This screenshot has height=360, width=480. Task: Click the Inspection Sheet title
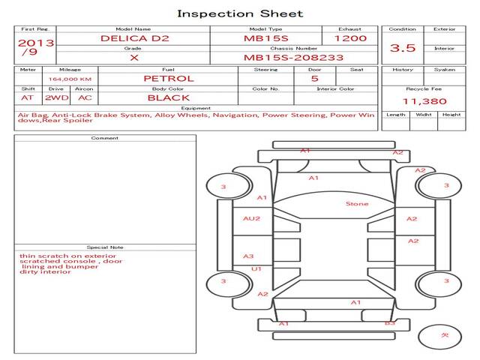240,13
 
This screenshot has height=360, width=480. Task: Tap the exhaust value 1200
350,37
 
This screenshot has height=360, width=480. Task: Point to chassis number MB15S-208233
294,57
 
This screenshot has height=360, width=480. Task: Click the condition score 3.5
403,47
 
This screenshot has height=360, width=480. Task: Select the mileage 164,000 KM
70,79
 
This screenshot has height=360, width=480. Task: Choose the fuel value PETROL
169,78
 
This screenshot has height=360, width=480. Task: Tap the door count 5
314,78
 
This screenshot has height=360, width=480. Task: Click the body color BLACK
169,97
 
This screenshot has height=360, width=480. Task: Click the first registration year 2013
36,43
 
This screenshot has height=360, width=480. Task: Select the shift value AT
27,97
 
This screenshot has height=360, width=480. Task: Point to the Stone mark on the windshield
356,203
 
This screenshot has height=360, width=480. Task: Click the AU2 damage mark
251,218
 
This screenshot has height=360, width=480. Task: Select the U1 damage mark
256,268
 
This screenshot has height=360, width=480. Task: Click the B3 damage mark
390,323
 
